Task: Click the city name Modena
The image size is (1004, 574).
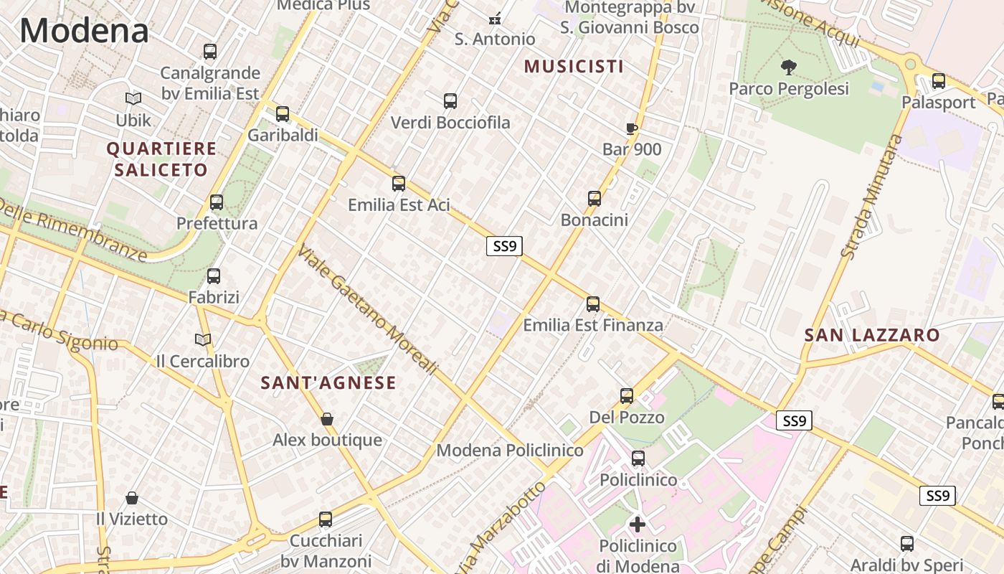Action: pyautogui.click(x=85, y=31)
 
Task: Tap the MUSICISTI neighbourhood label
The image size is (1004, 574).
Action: pyautogui.click(x=574, y=67)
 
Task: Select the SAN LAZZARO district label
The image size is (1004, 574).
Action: pyautogui.click(x=871, y=335)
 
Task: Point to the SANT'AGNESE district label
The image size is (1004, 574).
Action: pyautogui.click(x=328, y=382)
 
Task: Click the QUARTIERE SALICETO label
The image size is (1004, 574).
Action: pyautogui.click(x=161, y=159)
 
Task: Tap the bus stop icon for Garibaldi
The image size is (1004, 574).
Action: pyautogui.click(x=283, y=114)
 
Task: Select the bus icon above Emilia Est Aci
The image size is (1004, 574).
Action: pyautogui.click(x=399, y=184)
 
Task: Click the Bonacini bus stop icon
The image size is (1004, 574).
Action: pyautogui.click(x=594, y=199)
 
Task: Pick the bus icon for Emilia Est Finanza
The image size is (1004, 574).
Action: pyautogui.click(x=592, y=304)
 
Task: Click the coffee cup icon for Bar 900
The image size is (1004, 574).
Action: pyautogui.click(x=631, y=129)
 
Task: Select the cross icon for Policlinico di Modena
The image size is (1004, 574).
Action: pyautogui.click(x=637, y=524)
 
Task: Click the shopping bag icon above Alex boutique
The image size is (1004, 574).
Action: pyautogui.click(x=327, y=419)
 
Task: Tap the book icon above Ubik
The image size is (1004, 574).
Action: pyautogui.click(x=133, y=98)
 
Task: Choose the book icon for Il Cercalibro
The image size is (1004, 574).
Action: pyautogui.click(x=203, y=339)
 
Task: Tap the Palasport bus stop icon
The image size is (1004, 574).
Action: pyautogui.click(x=938, y=81)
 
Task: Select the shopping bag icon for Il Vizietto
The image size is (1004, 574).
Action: pyautogui.click(x=132, y=498)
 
